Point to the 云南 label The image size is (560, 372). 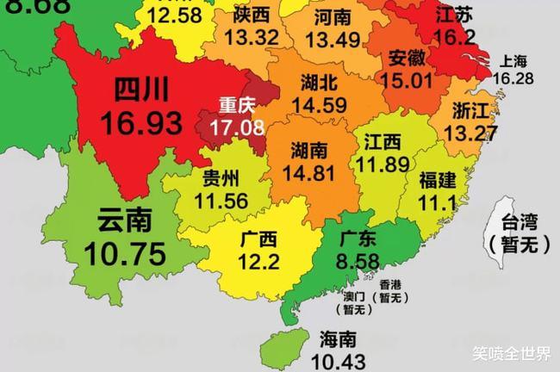coord(125,220)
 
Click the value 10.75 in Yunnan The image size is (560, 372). coord(125,254)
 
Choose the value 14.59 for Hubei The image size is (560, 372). coord(319,105)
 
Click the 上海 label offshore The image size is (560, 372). coord(513,61)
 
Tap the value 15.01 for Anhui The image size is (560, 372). coord(409,80)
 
